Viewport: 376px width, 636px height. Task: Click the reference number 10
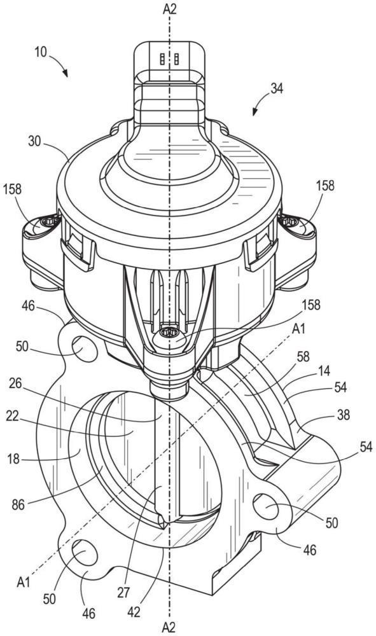coord(41,52)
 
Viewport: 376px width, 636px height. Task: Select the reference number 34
coord(277,88)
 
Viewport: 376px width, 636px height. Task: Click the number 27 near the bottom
coord(123,592)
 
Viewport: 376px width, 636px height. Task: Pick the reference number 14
coord(324,370)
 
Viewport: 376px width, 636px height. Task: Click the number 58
coord(303,356)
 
